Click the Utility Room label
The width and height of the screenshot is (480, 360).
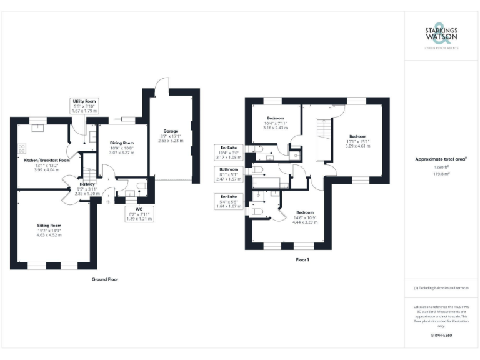(84, 101)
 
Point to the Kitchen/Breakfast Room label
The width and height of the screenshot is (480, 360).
(47, 160)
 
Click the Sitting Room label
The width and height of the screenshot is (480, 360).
(49, 225)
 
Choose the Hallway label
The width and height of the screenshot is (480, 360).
(87, 184)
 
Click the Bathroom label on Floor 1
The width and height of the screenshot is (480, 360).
(229, 169)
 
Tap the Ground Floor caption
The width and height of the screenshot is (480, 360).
(104, 279)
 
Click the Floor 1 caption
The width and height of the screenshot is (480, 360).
(303, 259)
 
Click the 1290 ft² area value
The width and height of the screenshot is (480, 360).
(441, 167)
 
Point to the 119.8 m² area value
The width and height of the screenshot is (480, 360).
(441, 175)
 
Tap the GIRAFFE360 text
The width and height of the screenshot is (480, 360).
(441, 336)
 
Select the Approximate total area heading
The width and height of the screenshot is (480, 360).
(441, 159)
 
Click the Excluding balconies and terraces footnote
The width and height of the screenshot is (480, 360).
(441, 288)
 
